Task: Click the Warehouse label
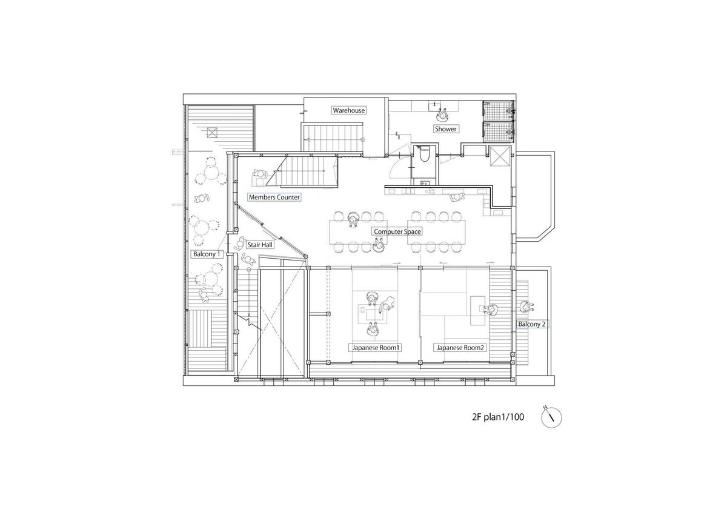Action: pyautogui.click(x=348, y=110)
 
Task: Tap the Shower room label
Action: pyautogui.click(x=445, y=128)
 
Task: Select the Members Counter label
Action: pyautogui.click(x=274, y=197)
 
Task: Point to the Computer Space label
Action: pyautogui.click(x=397, y=231)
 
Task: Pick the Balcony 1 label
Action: pyautogui.click(x=207, y=254)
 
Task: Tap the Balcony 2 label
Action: pyautogui.click(x=532, y=324)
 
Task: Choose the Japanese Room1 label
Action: pyautogui.click(x=376, y=348)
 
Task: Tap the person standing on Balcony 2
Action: pyautogui.click(x=525, y=307)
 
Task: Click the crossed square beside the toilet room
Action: pyautogui.click(x=500, y=157)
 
